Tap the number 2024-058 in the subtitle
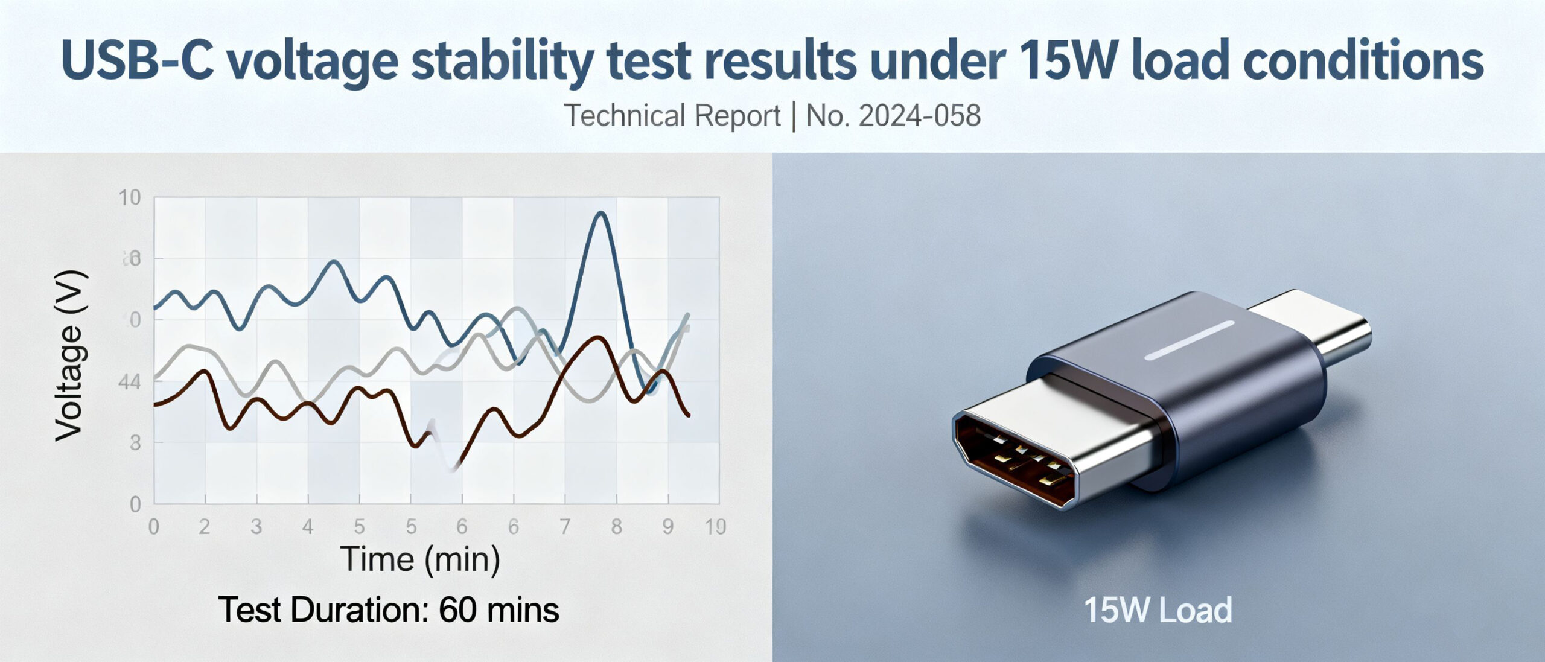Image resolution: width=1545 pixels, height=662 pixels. pos(919,116)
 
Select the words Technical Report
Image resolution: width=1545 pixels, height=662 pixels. pos(672,116)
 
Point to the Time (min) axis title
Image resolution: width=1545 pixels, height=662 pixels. pos(421,559)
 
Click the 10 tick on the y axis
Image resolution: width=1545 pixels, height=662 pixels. pos(130,197)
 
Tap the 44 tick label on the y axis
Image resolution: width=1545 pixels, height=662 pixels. pos(130,382)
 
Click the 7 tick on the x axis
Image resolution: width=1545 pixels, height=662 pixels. pos(565,527)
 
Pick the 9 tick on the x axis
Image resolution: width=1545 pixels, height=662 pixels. pos(667,527)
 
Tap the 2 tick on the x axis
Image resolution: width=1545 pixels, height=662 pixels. pos(205,527)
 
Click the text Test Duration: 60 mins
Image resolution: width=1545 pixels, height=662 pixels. pos(389,610)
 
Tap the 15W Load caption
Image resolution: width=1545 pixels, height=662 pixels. pos(1158,610)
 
